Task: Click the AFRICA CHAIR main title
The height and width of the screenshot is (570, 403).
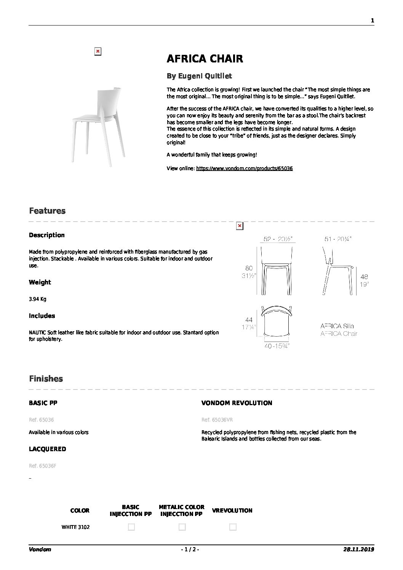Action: pos(205,59)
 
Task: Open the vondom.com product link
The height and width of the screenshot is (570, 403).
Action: pos(244,168)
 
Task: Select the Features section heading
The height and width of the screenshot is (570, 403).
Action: pos(47,211)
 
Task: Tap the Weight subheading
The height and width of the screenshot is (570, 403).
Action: pos(40,282)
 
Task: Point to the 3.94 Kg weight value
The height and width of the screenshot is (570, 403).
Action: pos(37,299)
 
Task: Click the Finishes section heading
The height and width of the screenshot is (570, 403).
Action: pos(46,379)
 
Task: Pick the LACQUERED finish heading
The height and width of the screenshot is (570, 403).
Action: pos(47,449)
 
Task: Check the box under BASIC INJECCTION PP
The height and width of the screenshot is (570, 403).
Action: pos(131,527)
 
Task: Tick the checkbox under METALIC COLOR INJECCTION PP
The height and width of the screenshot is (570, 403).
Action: pos(182,527)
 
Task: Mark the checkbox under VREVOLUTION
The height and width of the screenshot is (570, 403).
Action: pos(233,527)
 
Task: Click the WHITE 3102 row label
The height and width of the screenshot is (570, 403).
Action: pos(75,527)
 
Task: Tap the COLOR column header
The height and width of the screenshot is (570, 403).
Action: pos(80,511)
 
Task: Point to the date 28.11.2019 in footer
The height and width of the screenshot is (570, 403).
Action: pos(358,549)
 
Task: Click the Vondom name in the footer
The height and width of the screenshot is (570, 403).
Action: pos(40,549)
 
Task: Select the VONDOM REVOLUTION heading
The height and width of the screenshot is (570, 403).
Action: pos(237,403)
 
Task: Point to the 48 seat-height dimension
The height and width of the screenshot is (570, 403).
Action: pos(364,277)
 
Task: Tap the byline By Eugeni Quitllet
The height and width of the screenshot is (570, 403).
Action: pos(199,76)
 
